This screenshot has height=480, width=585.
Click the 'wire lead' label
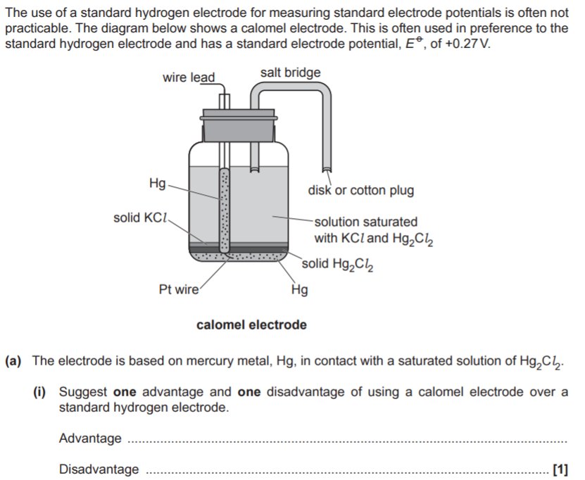[189, 77]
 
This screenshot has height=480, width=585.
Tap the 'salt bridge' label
[290, 72]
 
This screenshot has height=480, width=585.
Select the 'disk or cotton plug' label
[360, 190]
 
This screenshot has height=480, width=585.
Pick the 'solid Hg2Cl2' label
[338, 264]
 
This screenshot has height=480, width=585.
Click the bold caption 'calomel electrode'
[251, 324]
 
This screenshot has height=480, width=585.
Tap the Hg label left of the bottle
[158, 184]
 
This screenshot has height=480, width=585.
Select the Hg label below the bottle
[299, 289]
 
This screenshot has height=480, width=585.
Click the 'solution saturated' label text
[366, 222]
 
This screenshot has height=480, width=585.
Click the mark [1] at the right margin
[560, 469]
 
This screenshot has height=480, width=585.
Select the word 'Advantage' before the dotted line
[90, 438]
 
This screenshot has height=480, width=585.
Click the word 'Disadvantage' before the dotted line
[99, 469]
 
